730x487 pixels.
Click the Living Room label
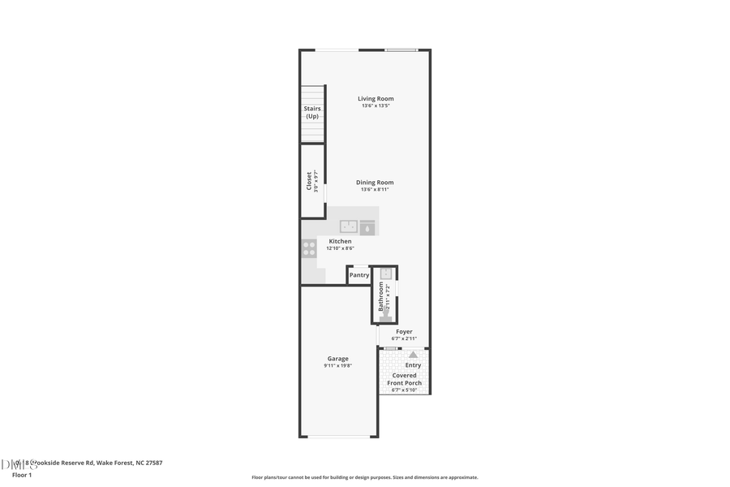click(x=376, y=99)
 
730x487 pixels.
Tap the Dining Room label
click(x=375, y=183)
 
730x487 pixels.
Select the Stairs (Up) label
click(x=312, y=112)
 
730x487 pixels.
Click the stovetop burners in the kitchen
click(x=309, y=248)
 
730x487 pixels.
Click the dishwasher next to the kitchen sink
click(x=368, y=227)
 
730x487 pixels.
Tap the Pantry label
click(x=359, y=275)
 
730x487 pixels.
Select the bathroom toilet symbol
click(x=386, y=317)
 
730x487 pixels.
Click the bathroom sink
click(x=386, y=274)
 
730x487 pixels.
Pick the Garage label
click(x=337, y=359)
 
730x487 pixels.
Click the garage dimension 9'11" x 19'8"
click(x=337, y=366)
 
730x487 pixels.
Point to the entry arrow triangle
click(x=413, y=355)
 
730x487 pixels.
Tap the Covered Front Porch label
click(x=404, y=379)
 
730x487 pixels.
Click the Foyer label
click(x=404, y=331)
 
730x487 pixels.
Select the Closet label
click(x=309, y=180)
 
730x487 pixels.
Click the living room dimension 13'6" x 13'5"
click(x=376, y=106)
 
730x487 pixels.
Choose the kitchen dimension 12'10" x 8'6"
click(x=340, y=248)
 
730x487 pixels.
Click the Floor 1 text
click(x=21, y=475)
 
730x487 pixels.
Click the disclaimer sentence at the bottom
click(x=364, y=477)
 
